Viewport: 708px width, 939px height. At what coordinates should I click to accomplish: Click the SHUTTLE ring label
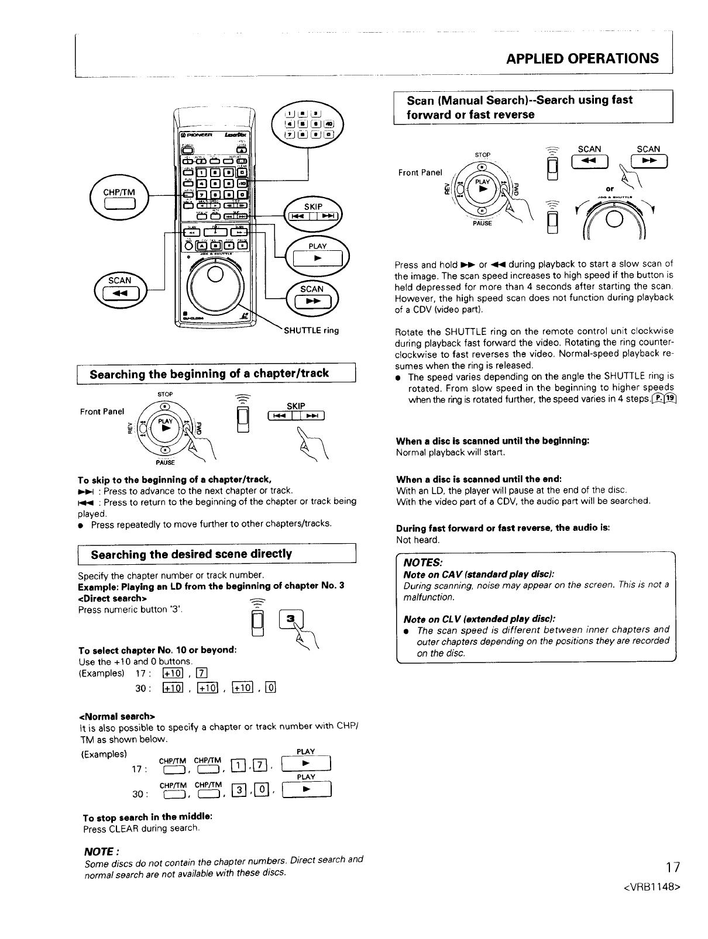tap(311, 330)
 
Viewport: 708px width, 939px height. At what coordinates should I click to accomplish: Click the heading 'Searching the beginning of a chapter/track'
tap(209, 374)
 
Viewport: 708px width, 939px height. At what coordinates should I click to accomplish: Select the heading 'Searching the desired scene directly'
tap(191, 554)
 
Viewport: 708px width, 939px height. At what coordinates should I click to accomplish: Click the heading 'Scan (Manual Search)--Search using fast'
tap(520, 100)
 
